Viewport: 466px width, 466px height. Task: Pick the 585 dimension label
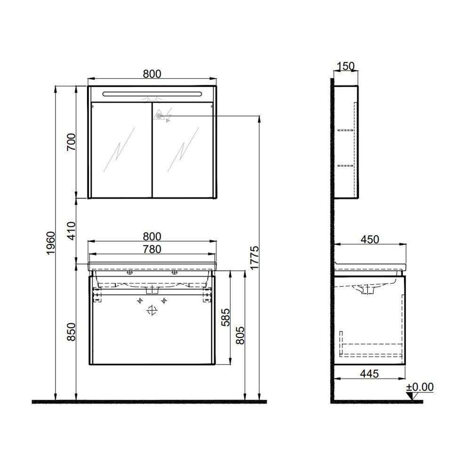point(225,318)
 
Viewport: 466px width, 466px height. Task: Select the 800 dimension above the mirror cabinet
point(152,73)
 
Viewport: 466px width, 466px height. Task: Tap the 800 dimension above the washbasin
point(152,236)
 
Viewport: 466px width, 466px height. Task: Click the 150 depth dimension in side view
point(345,66)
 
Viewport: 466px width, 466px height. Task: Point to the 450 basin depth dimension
point(370,239)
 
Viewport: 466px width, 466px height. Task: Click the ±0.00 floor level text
point(420,387)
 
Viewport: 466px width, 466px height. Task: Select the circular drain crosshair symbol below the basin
point(152,310)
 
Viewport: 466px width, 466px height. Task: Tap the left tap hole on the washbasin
point(129,272)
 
